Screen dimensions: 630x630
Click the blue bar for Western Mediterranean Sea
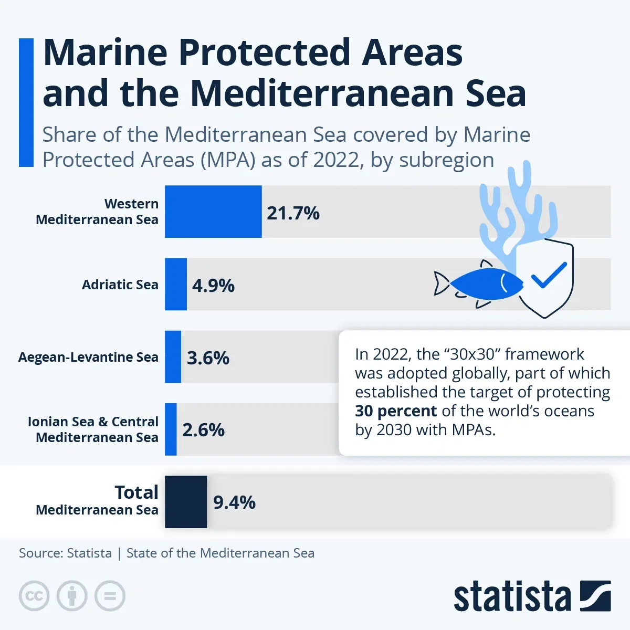(x=213, y=212)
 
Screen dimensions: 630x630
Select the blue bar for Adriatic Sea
(x=176, y=284)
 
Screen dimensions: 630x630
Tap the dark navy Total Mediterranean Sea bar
(x=186, y=502)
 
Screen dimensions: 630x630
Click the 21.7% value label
(x=293, y=213)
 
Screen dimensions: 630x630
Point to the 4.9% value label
(x=213, y=286)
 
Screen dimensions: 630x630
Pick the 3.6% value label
(x=208, y=358)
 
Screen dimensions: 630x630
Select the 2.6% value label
(x=203, y=430)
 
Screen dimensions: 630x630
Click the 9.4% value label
(x=234, y=502)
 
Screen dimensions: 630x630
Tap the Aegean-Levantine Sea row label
(x=88, y=357)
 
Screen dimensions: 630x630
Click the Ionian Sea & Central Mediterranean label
(x=93, y=429)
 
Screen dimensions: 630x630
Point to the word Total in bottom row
(x=136, y=492)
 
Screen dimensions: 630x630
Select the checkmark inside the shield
(x=549, y=275)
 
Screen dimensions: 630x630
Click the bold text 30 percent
(x=395, y=411)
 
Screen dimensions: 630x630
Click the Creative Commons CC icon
(x=34, y=596)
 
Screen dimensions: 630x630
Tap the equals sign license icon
(x=110, y=596)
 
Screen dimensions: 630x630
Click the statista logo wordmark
(x=512, y=597)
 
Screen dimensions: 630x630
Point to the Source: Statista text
(x=65, y=553)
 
